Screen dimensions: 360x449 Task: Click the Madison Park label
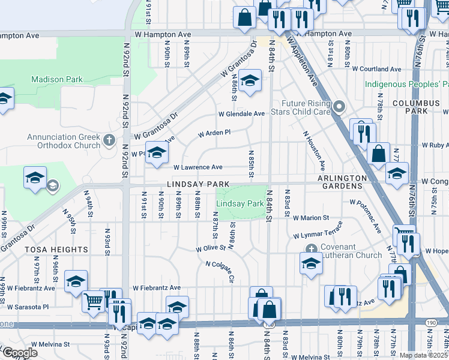click(56, 79)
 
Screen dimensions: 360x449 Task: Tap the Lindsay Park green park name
click(240, 204)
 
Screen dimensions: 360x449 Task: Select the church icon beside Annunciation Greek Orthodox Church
click(109, 141)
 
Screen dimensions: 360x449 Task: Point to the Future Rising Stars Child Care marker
click(339, 107)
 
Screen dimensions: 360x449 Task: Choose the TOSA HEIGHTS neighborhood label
click(56, 249)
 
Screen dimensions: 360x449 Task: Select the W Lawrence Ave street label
click(198, 167)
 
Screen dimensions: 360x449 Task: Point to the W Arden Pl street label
click(214, 133)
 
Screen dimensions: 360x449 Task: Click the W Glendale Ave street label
click(241, 113)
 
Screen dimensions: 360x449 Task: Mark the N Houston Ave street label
click(315, 149)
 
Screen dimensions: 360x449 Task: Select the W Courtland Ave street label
click(376, 69)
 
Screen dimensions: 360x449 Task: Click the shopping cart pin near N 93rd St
click(92, 301)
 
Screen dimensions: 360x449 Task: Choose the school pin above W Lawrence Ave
click(157, 153)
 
